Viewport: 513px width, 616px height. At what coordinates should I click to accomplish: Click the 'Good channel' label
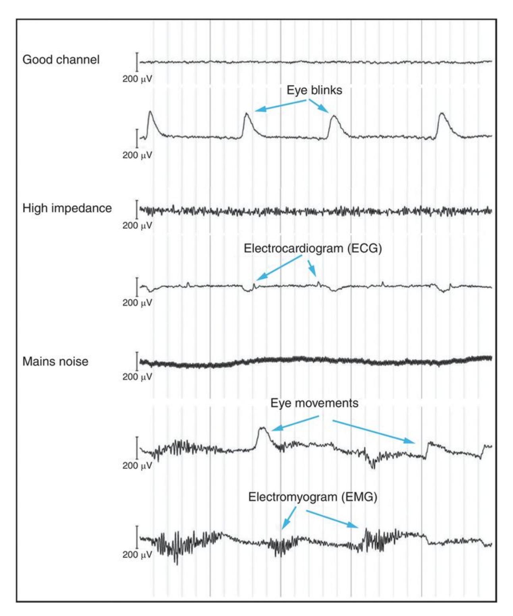pyautogui.click(x=61, y=60)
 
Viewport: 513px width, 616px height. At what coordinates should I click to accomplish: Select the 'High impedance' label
pyautogui.click(x=67, y=208)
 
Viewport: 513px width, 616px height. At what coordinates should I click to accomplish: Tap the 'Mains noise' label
pyautogui.click(x=55, y=361)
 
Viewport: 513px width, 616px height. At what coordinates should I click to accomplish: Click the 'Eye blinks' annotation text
pyautogui.click(x=314, y=90)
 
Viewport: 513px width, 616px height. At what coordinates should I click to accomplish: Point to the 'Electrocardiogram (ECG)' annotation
pyautogui.click(x=312, y=249)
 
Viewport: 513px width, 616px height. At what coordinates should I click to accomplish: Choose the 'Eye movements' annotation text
pyautogui.click(x=314, y=403)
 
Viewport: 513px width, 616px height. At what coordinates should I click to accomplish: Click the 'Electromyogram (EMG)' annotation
pyautogui.click(x=312, y=497)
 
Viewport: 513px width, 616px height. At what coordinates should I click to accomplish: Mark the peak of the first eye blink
pyautogui.click(x=150, y=112)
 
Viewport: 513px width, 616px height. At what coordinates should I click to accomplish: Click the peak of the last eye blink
pyautogui.click(x=441, y=114)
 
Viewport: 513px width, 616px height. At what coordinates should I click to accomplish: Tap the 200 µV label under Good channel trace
pyautogui.click(x=137, y=79)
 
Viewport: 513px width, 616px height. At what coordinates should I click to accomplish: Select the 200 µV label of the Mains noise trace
pyautogui.click(x=137, y=377)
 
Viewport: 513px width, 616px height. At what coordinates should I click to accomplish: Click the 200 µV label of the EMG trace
pyautogui.click(x=137, y=555)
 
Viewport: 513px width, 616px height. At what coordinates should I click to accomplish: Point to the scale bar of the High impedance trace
pyautogui.click(x=137, y=209)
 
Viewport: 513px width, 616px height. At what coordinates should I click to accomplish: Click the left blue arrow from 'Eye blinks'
pyautogui.click(x=280, y=105)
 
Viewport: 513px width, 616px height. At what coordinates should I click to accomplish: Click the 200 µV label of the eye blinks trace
pyautogui.click(x=137, y=155)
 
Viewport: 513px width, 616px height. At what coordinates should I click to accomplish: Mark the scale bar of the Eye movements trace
pyautogui.click(x=137, y=448)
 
